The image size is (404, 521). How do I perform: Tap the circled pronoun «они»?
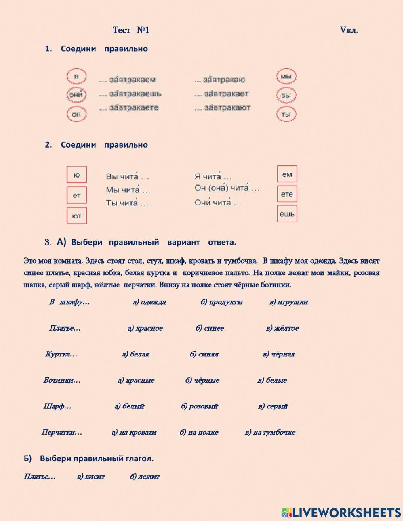[x=76, y=95]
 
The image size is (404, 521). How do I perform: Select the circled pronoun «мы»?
[x=286, y=76]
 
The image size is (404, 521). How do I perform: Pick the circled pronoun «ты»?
[x=286, y=114]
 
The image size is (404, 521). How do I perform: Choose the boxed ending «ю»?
[x=77, y=175]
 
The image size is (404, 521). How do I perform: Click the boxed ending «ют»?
[x=77, y=216]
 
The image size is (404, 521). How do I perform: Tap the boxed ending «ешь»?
[x=287, y=214]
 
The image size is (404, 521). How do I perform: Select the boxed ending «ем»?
[x=287, y=174]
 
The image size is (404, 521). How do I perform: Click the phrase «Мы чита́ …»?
[x=128, y=190]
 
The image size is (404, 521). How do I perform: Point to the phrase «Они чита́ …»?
[x=218, y=203]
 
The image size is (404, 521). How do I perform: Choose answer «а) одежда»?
[x=149, y=302]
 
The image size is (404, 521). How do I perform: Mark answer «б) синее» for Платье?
[x=210, y=328]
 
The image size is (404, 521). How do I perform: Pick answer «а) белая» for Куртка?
[x=136, y=354]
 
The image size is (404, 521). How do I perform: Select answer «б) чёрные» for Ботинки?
[x=202, y=380]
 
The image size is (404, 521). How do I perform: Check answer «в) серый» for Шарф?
[x=273, y=406]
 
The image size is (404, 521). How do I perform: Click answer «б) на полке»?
[x=199, y=432]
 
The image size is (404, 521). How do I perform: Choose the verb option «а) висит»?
[x=91, y=477]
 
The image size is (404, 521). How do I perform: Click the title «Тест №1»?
[x=131, y=30]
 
